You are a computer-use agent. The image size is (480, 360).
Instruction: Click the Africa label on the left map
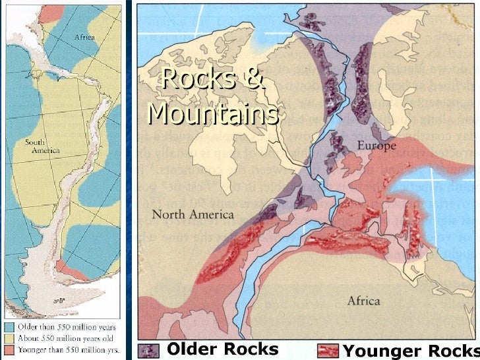[x=84, y=38]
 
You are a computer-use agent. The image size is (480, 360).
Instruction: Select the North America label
[x=193, y=214]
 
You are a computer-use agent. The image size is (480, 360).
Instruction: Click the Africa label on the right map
[x=363, y=301]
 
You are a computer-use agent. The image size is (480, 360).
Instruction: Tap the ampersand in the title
[x=254, y=80]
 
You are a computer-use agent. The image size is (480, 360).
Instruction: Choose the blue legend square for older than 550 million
[x=9, y=326]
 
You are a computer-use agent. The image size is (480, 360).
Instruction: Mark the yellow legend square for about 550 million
[x=9, y=337]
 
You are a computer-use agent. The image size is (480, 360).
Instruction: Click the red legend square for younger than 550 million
[x=9, y=347]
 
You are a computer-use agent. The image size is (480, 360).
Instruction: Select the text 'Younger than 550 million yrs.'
[x=64, y=347]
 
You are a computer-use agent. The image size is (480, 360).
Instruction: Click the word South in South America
[x=36, y=142]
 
